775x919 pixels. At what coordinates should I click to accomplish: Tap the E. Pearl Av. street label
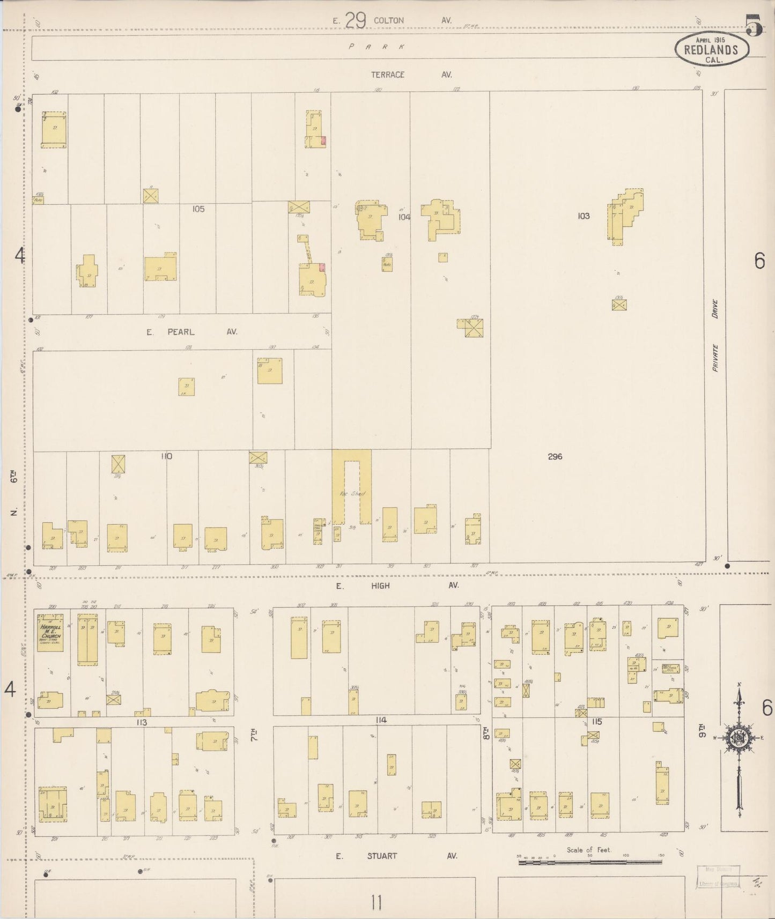(191, 332)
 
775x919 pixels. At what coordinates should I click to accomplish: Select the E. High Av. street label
(397, 586)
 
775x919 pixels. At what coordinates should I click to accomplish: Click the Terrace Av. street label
(411, 75)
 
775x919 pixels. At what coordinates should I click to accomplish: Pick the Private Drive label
(715, 336)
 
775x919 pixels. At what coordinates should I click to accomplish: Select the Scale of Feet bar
(590, 863)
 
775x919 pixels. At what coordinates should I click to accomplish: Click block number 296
(555, 456)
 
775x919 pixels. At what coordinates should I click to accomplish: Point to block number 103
(584, 216)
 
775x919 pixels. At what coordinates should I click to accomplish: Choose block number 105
(198, 209)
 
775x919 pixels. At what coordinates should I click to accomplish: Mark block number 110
(166, 456)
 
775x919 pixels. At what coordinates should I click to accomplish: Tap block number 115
(596, 722)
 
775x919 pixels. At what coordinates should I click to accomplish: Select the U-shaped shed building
(352, 488)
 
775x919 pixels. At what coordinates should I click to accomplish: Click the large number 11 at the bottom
(375, 902)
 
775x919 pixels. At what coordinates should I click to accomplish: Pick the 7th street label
(254, 734)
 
